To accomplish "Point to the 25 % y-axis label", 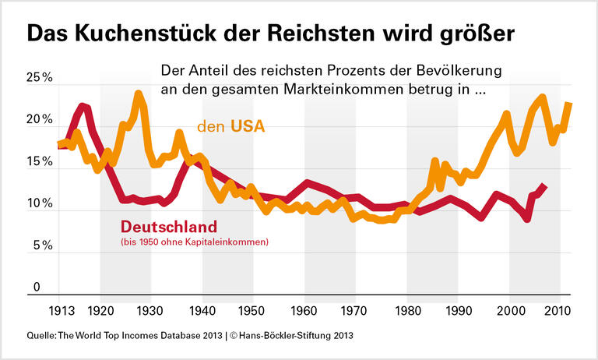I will click(x=39, y=79).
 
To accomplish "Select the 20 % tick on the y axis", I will click(x=39, y=121).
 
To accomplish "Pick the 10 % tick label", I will click(x=39, y=204).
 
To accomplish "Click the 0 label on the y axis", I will click(x=36, y=288).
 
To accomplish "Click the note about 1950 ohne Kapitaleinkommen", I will click(x=194, y=243).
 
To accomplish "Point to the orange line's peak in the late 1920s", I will click(x=139, y=94).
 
